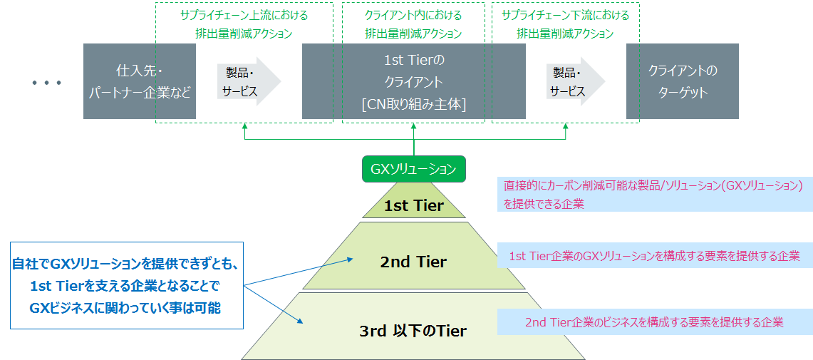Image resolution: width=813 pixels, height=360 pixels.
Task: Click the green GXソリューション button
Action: [413, 169]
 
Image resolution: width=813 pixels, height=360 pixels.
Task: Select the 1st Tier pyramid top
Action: [414, 205]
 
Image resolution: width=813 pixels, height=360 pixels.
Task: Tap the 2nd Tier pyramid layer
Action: [413, 262]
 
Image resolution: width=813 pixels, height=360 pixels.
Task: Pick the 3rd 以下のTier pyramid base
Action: [413, 331]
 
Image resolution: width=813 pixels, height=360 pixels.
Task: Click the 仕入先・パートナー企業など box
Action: [139, 81]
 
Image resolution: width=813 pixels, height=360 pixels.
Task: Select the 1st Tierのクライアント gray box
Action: [413, 81]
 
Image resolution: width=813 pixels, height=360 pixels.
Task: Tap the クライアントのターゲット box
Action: [682, 81]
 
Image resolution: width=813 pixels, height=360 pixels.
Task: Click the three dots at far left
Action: [47, 83]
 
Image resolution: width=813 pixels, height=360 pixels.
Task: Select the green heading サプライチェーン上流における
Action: [244, 15]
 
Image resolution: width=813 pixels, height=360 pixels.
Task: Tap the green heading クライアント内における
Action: [413, 15]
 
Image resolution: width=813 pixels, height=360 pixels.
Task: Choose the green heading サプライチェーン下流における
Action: [565, 15]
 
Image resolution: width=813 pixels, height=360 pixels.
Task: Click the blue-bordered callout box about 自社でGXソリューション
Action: [126, 286]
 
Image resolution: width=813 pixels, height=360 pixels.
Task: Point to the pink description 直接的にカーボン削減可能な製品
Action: [654, 194]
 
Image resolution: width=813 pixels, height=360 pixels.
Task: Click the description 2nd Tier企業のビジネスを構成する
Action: [654, 322]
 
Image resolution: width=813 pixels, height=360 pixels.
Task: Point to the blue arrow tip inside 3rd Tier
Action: [303, 322]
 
